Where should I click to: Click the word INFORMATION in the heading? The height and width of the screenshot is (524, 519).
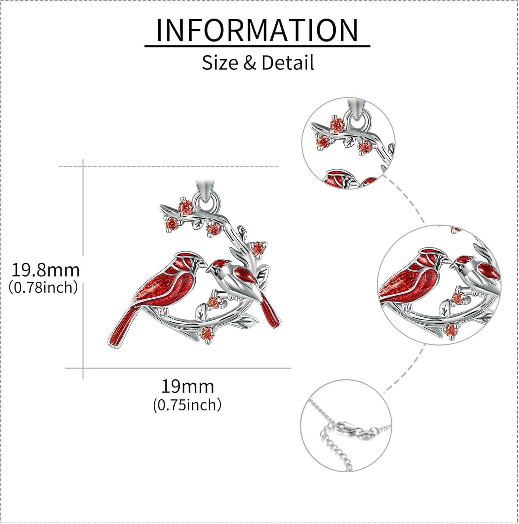pyautogui.click(x=257, y=30)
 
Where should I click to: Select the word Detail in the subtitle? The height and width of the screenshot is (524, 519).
pyautogui.click(x=287, y=63)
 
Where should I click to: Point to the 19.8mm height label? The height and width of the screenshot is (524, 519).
pyautogui.click(x=46, y=270)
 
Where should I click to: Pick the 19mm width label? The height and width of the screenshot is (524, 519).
pyautogui.click(x=187, y=387)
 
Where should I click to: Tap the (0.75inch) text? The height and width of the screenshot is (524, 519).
pyautogui.click(x=187, y=405)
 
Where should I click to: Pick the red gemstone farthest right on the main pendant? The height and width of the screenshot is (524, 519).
pyautogui.click(x=258, y=248)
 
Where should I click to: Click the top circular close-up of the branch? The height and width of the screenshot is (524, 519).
pyautogui.click(x=348, y=144)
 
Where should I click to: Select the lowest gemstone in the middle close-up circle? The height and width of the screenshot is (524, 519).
pyautogui.click(x=450, y=329)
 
